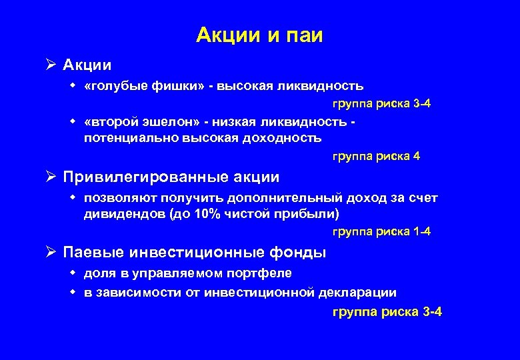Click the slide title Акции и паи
[x=259, y=35]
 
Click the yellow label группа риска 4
[x=376, y=157]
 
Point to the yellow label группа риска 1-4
[x=381, y=231]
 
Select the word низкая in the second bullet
[x=245, y=122]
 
